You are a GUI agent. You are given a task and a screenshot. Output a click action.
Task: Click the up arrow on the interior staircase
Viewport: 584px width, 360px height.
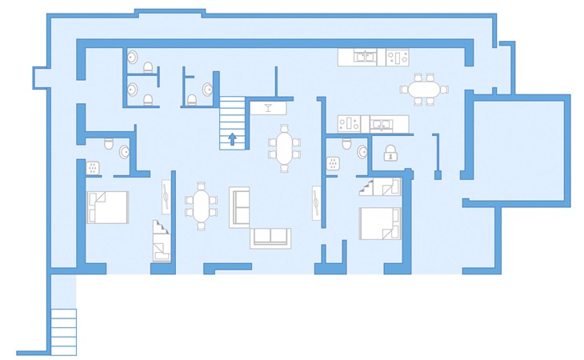pyautogui.click(x=232, y=138)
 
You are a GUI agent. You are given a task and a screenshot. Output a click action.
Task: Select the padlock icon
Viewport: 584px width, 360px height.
pyautogui.click(x=390, y=153)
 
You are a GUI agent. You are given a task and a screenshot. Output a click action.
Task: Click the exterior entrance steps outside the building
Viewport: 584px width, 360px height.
pyautogui.click(x=63, y=330)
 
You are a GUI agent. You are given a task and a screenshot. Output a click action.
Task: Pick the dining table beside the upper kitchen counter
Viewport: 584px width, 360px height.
pyautogui.click(x=422, y=89)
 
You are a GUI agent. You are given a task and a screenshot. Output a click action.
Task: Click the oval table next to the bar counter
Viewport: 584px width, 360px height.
pyautogui.click(x=285, y=148)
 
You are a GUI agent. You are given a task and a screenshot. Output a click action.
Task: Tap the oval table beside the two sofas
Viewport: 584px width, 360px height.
pyautogui.click(x=201, y=206)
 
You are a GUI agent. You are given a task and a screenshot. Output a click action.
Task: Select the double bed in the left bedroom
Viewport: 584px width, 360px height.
pyautogui.click(x=107, y=207)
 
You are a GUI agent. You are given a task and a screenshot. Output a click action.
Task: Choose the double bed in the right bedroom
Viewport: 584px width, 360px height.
pyautogui.click(x=378, y=223)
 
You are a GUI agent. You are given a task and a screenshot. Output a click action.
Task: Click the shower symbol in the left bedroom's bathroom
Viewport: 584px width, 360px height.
pyautogui.click(x=93, y=168)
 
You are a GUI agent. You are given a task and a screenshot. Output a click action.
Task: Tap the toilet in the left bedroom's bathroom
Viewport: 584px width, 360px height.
pyautogui.click(x=110, y=144)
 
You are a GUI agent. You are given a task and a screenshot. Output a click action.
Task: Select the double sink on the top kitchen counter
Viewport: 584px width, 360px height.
pyautogui.click(x=366, y=57)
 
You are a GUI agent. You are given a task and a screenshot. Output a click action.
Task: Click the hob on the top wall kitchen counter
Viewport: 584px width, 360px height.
pyautogui.click(x=397, y=57)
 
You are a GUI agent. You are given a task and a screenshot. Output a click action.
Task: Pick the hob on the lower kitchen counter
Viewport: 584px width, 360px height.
pyautogui.click(x=348, y=123)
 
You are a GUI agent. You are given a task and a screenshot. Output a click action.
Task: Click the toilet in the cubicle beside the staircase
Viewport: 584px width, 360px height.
pyautogui.click(x=191, y=99)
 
